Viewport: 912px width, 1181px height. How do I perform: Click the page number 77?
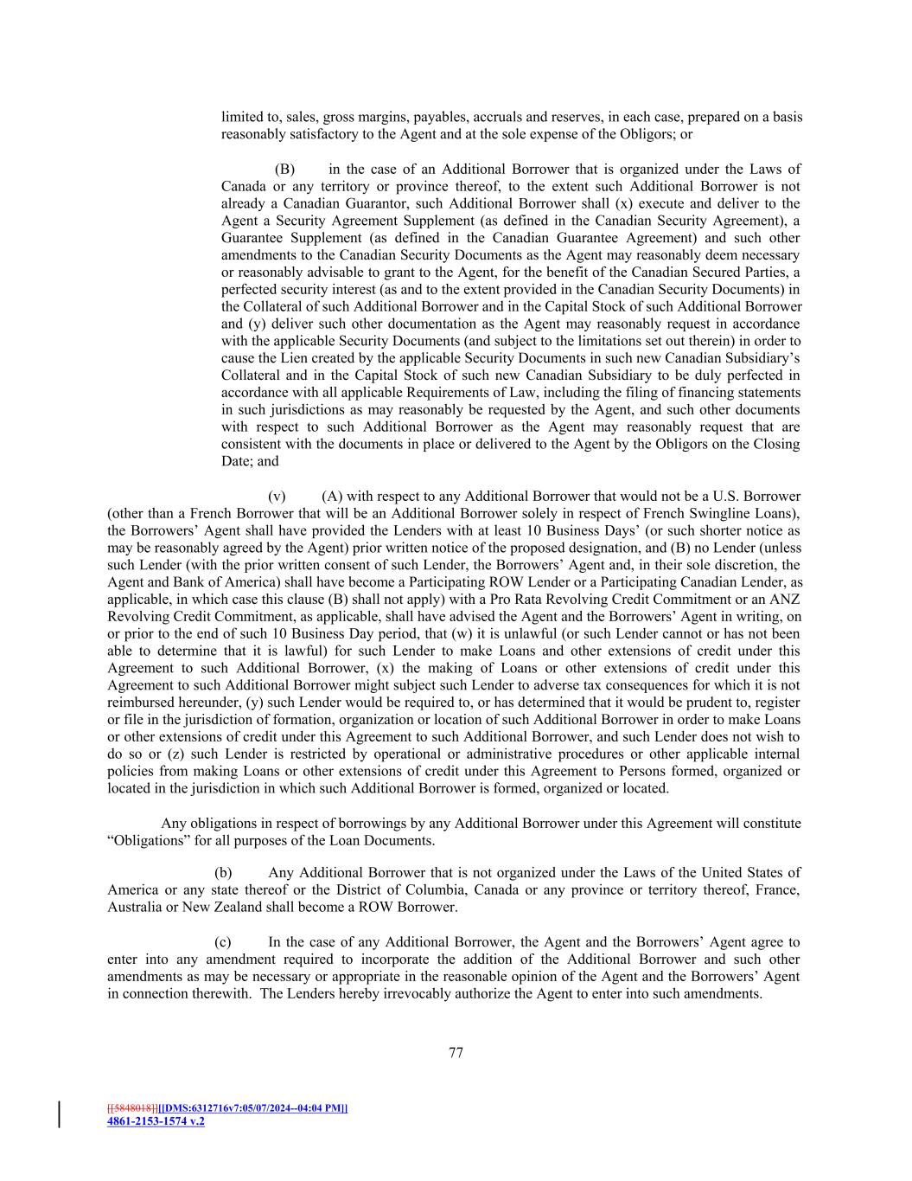click(x=456, y=1053)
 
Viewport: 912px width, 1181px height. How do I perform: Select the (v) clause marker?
click(x=277, y=496)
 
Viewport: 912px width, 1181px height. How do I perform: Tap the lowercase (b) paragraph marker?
click(x=223, y=873)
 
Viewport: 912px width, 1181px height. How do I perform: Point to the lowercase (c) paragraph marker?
click(x=223, y=942)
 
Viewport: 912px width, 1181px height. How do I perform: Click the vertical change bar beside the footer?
click(x=60, y=1114)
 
